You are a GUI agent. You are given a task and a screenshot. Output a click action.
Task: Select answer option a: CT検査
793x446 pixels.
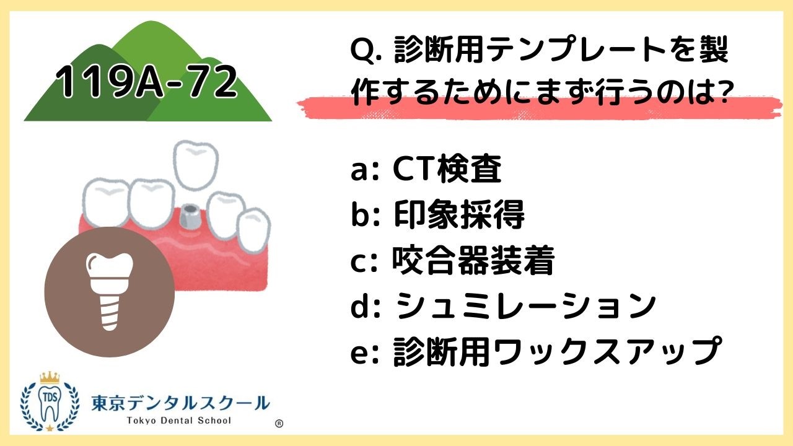point(426,170)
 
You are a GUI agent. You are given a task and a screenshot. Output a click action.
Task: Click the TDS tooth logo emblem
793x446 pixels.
point(50,403)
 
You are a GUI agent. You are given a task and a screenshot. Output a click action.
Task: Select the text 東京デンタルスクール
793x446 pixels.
point(180,403)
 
